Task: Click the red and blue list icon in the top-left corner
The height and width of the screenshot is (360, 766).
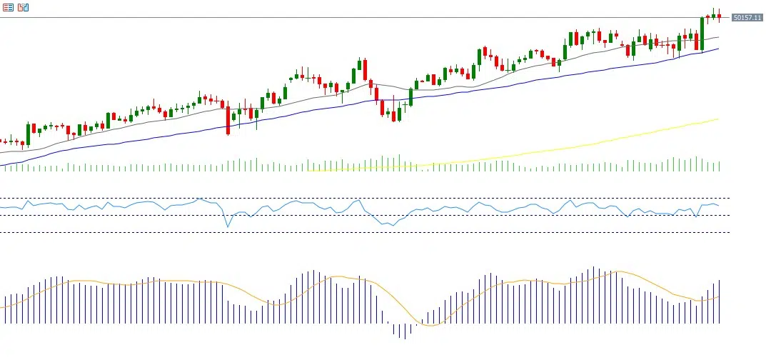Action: pyautogui.click(x=9, y=7)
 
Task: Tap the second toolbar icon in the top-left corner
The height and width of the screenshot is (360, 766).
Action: pyautogui.click(x=24, y=7)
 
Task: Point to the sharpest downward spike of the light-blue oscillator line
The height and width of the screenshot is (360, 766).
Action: pyautogui.click(x=228, y=226)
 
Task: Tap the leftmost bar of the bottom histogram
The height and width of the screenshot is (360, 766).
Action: pyautogui.click(x=4, y=309)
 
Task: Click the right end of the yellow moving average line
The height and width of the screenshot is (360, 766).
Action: pyautogui.click(x=717, y=119)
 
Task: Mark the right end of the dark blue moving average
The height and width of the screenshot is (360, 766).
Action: pyautogui.click(x=718, y=49)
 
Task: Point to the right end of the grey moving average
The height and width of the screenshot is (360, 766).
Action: pyautogui.click(x=718, y=37)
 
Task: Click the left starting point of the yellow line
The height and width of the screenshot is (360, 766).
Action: pyautogui.click(x=308, y=170)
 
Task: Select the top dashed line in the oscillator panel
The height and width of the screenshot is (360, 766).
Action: pyautogui.click(x=357, y=198)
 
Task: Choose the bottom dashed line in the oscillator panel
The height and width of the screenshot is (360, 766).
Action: pyautogui.click(x=357, y=232)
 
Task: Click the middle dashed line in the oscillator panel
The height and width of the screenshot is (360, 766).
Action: pyautogui.click(x=357, y=215)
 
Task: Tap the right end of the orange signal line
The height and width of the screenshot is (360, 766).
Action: pyautogui.click(x=718, y=296)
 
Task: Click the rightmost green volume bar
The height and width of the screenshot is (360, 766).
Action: pyautogui.click(x=719, y=166)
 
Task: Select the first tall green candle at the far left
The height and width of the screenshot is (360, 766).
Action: pyautogui.click(x=28, y=134)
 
